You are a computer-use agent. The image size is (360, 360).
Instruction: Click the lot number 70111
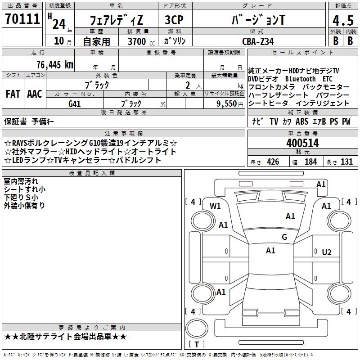click(x=22, y=19)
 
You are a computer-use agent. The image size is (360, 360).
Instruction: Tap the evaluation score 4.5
click(x=342, y=20)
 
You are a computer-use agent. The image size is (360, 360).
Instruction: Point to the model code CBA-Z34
click(x=257, y=41)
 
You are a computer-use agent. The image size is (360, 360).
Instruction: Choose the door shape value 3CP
click(x=174, y=20)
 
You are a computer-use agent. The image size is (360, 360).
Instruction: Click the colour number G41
click(x=75, y=103)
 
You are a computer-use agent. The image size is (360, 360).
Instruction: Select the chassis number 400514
click(x=302, y=143)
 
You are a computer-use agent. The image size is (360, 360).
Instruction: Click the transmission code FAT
click(x=13, y=94)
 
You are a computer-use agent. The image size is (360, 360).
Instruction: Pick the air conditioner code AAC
click(x=35, y=94)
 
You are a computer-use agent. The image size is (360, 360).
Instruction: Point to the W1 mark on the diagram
click(x=215, y=206)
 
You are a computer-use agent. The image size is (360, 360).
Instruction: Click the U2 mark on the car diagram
click(x=327, y=252)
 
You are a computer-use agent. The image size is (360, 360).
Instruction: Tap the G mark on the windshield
click(x=284, y=237)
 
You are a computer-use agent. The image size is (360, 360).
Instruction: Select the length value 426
click(x=272, y=162)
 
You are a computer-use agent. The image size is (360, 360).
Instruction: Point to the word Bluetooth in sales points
click(x=300, y=79)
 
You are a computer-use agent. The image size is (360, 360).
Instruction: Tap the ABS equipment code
click(x=302, y=121)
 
